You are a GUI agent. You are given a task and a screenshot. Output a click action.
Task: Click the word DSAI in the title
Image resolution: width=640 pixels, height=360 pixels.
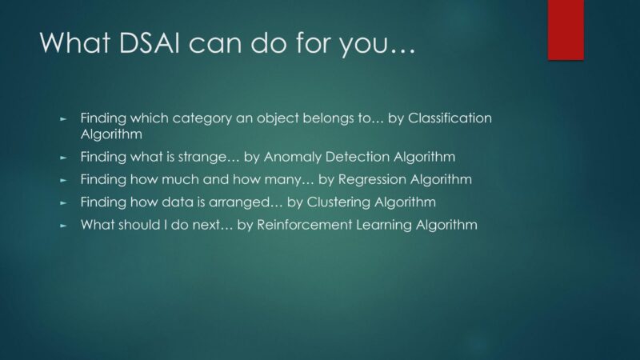click(149, 42)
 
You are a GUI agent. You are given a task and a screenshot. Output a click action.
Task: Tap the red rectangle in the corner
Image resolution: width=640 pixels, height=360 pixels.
click(566, 30)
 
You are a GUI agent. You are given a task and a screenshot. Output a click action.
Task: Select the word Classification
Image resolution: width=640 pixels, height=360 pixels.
click(450, 118)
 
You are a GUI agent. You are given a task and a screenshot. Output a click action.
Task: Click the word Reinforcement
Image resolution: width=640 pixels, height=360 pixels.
click(305, 225)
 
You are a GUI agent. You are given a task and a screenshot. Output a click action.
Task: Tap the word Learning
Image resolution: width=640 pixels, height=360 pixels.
click(384, 225)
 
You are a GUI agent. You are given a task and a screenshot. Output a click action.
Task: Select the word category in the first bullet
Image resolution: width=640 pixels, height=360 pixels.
click(202, 118)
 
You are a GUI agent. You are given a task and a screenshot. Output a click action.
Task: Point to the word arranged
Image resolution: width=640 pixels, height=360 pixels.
click(240, 202)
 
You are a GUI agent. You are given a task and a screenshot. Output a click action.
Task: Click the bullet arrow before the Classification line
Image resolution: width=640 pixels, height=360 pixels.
click(63, 119)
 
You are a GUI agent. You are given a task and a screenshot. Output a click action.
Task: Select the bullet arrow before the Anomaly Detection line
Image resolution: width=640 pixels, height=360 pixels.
click(63, 158)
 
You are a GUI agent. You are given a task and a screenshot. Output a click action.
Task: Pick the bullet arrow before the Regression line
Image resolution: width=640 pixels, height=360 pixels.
click(63, 180)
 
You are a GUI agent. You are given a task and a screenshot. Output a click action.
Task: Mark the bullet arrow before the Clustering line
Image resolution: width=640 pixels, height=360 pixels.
click(63, 202)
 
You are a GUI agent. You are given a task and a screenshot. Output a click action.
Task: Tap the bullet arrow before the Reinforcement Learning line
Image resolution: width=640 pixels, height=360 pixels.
click(63, 226)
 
